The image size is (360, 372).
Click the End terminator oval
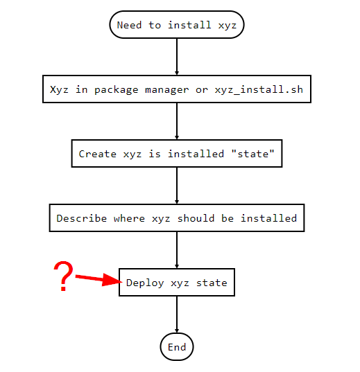coord(177,347)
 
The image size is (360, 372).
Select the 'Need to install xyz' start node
coord(177,25)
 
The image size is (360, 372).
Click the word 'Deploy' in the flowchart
coord(145,283)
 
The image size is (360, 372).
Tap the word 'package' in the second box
coord(117,90)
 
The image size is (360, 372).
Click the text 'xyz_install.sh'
coord(259,89)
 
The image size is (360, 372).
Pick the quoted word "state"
coord(252,154)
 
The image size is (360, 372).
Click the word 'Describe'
coord(82,218)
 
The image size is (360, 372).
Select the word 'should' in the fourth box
coord(196,218)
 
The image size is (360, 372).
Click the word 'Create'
coord(97,154)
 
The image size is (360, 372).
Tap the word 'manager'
coord(166,90)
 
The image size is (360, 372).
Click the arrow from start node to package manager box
coord(177,57)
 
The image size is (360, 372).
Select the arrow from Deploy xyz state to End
coord(177,315)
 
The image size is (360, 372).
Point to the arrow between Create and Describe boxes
coord(177,186)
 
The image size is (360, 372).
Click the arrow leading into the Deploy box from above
coord(177,250)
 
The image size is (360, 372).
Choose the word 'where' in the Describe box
coord(129,218)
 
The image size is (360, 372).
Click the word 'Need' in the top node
coord(129,25)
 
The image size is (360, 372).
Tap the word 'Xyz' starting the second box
coord(59,90)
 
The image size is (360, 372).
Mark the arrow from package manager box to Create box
coord(177,121)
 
